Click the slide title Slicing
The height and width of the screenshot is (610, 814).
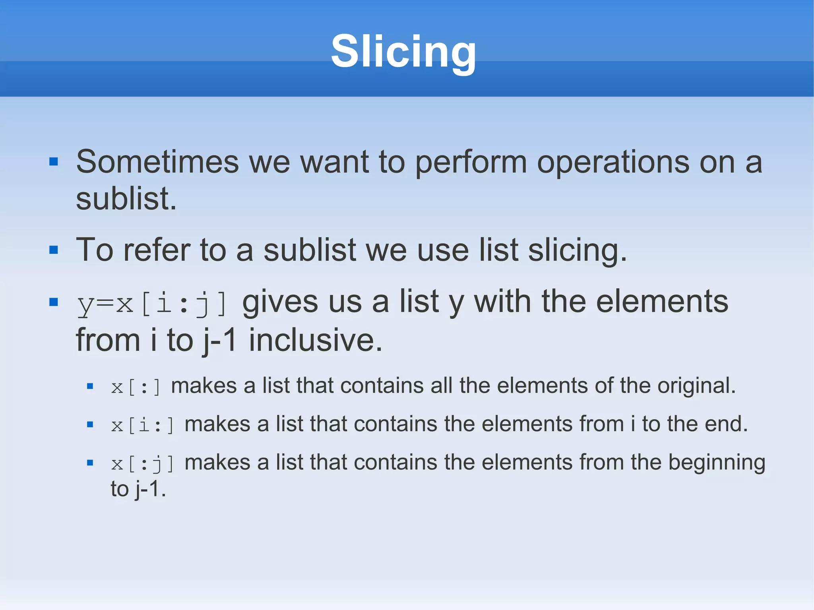[x=403, y=52]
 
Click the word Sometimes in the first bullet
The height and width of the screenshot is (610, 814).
[x=157, y=162]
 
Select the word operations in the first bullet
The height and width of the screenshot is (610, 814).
[x=613, y=162]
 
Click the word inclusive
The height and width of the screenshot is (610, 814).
[x=315, y=341]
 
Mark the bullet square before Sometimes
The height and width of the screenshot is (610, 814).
[x=54, y=162]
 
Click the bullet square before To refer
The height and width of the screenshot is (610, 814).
[x=54, y=250]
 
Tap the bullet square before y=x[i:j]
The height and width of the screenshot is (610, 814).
[x=54, y=302]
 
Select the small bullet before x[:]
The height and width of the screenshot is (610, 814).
[x=90, y=386]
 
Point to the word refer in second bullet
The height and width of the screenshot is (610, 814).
[x=157, y=250]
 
